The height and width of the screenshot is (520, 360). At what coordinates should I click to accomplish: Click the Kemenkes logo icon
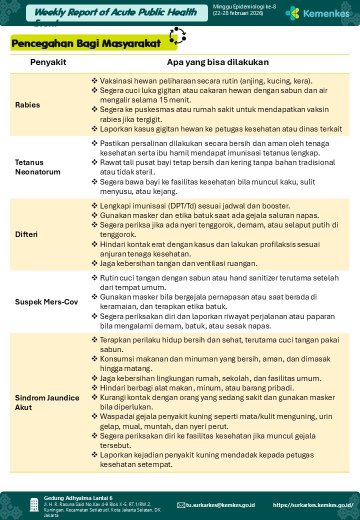tap(292, 13)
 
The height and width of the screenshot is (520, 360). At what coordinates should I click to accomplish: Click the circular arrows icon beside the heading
tap(177, 36)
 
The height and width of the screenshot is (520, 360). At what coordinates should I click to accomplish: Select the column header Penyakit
tap(48, 62)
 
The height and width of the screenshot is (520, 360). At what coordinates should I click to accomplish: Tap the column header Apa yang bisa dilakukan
tap(217, 62)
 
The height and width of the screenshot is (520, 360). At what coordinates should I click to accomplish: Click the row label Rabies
tap(27, 105)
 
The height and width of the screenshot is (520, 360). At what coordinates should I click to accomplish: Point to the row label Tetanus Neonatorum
tap(37, 167)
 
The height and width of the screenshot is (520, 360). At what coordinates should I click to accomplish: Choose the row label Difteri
tap(26, 234)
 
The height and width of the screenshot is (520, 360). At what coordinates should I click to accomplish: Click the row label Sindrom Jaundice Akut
tap(47, 402)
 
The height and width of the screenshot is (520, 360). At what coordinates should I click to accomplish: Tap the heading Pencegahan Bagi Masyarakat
tap(86, 44)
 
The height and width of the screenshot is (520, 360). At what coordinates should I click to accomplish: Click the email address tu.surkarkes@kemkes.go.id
tap(220, 505)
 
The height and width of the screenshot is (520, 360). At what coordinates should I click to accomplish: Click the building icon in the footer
tap(34, 504)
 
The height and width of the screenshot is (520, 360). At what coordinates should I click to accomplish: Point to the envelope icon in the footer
tap(181, 505)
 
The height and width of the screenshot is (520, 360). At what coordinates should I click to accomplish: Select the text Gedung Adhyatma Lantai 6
tap(78, 498)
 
